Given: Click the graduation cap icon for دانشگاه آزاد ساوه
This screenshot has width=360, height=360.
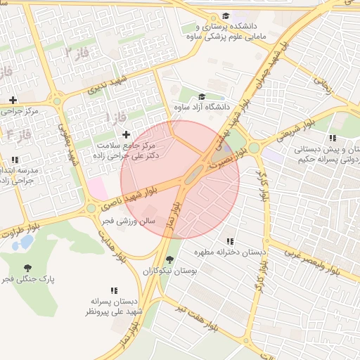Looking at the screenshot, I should pyautogui.click(x=202, y=97).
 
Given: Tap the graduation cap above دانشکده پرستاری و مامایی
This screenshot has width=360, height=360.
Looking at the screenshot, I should pyautogui.click(x=225, y=16).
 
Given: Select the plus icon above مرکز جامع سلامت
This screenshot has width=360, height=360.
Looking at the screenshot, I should pyautogui.click(x=126, y=134).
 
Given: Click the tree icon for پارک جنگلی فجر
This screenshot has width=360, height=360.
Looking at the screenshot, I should pyautogui.click(x=27, y=268).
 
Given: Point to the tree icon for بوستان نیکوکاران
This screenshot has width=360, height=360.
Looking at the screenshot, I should pyautogui.click(x=169, y=259).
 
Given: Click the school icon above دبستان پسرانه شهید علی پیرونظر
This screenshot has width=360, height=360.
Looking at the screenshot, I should pyautogui.click(x=113, y=290).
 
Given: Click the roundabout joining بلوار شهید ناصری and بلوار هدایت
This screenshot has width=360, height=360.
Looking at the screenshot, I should pyautogui.click(x=91, y=208).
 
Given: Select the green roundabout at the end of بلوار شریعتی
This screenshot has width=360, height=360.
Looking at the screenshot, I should pyautogui.click(x=253, y=148).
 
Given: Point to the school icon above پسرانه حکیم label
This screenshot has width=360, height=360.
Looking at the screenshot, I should pyautogui.click(x=332, y=138).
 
